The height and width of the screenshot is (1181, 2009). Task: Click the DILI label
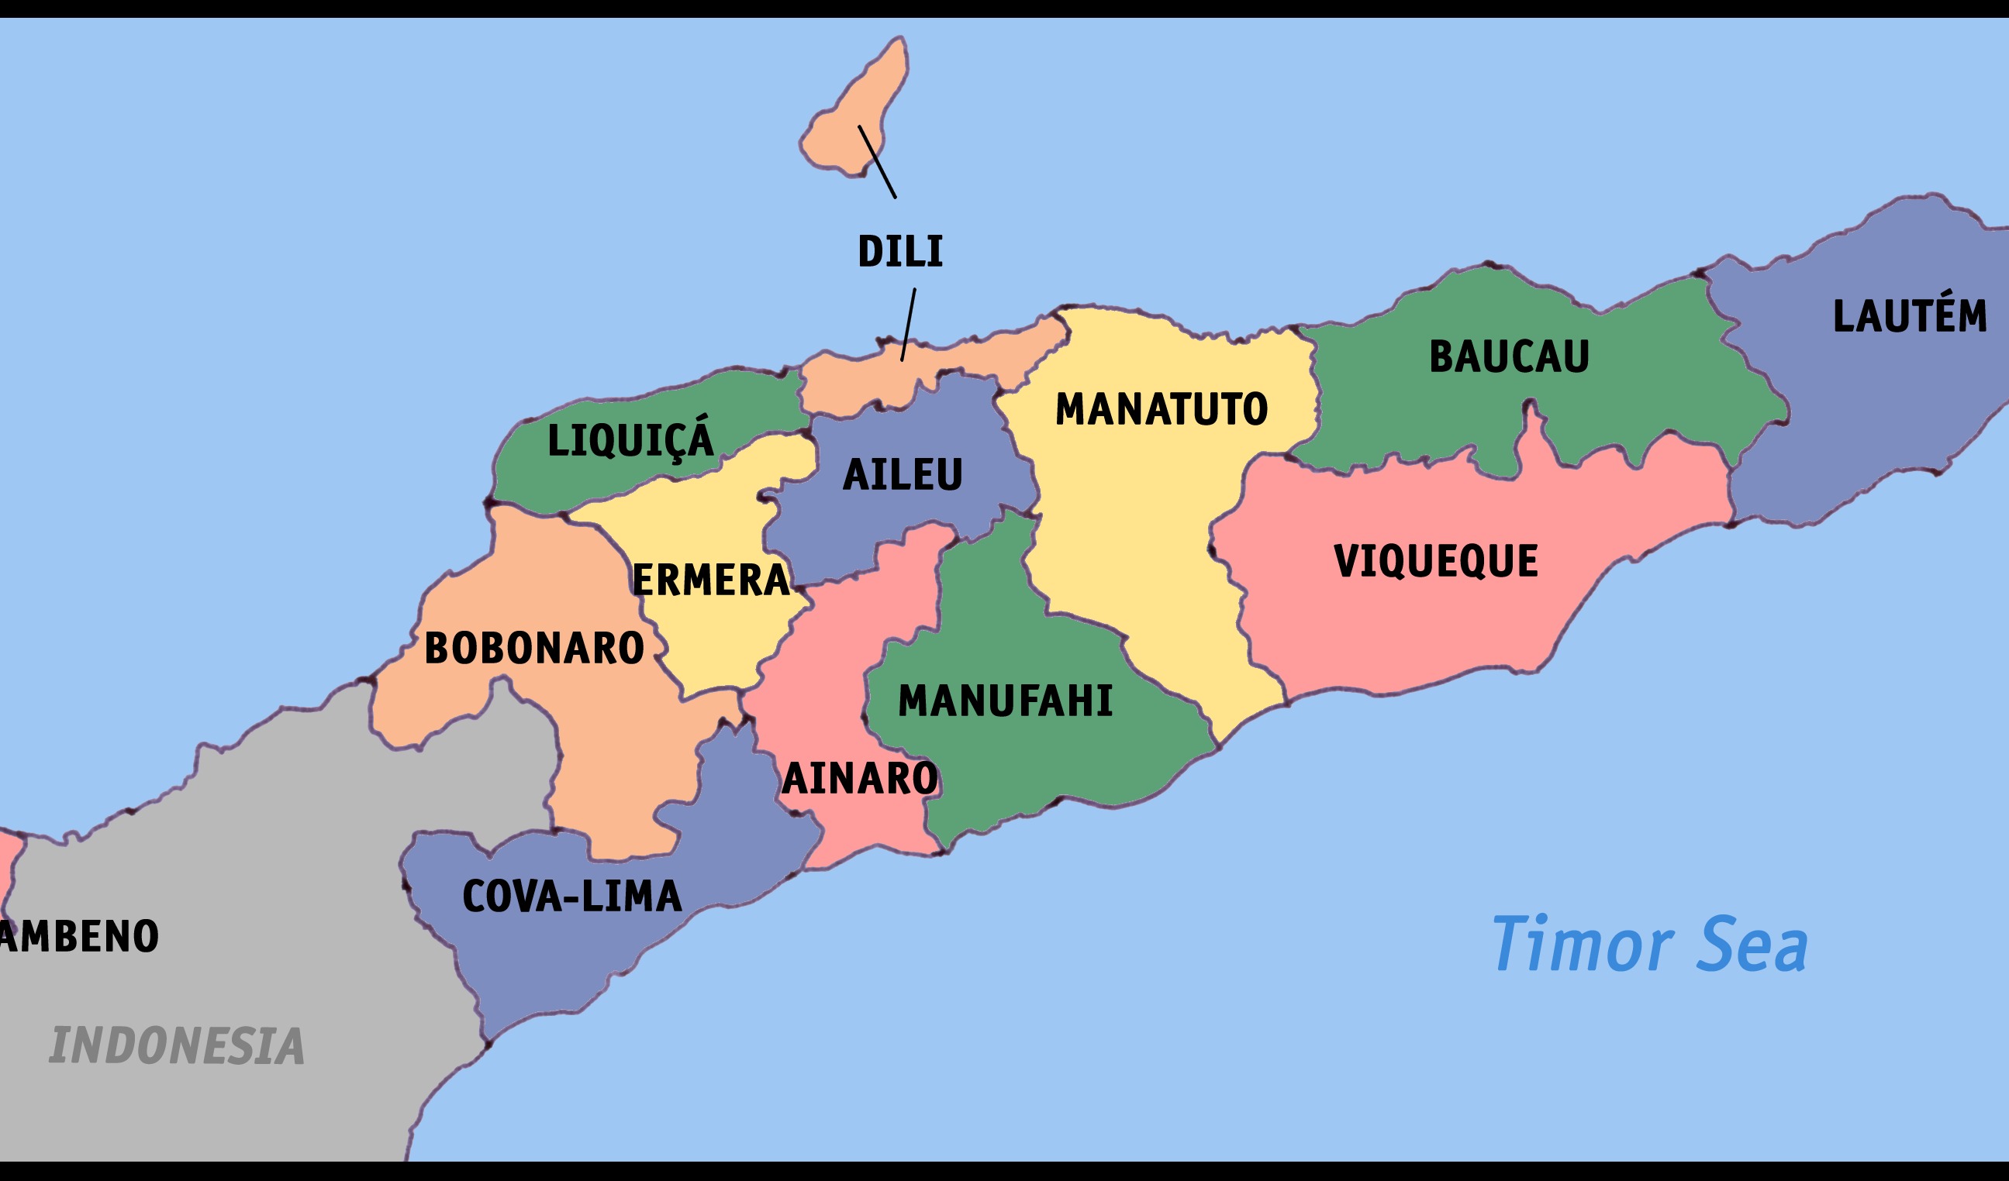coord(900,252)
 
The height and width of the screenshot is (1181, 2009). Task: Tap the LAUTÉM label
coord(1909,315)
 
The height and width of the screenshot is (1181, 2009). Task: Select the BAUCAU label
coord(1508,356)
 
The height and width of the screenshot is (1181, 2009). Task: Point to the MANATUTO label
coord(1161,410)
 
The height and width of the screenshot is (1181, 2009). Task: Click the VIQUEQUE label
coord(1435,561)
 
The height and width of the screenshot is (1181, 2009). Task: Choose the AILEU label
coord(903,475)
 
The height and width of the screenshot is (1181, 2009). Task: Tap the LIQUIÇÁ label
coord(630,439)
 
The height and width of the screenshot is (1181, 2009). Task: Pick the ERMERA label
coord(710,580)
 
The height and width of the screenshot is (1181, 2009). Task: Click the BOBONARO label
coord(534,648)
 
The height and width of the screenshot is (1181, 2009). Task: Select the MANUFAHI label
coord(1005,701)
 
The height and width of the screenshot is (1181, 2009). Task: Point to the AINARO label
coord(859,779)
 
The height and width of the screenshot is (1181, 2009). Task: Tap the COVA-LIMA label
coord(571,897)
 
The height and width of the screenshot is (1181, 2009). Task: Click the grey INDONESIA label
coord(177,1045)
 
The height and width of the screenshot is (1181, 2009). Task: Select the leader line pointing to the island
coord(877,162)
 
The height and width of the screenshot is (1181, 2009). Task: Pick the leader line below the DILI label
coord(908,325)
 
